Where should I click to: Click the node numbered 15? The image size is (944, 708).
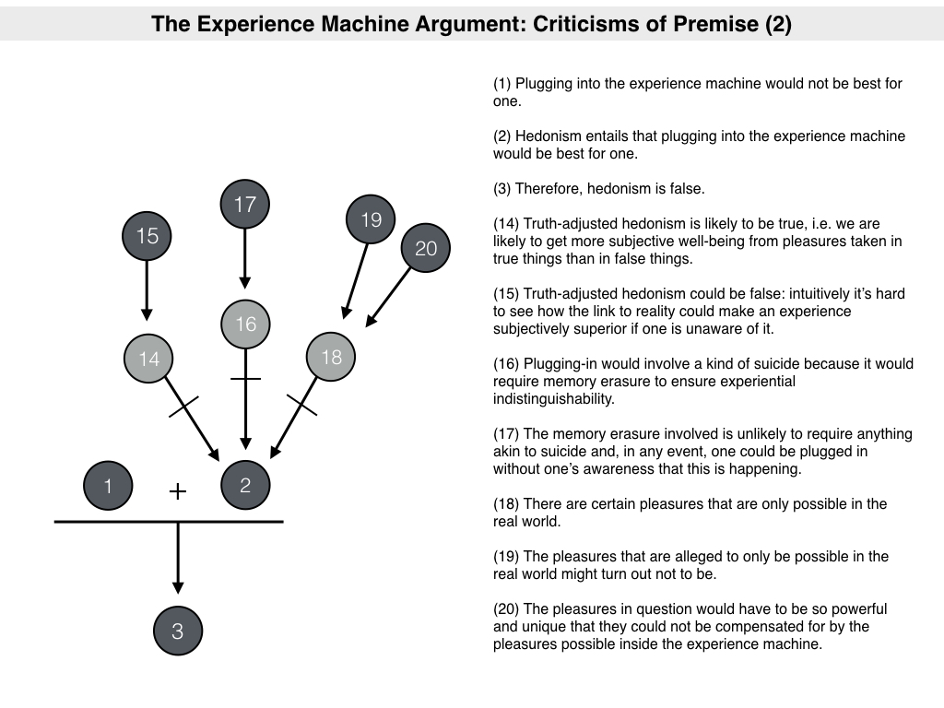tap(147, 236)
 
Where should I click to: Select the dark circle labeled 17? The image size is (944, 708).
tap(244, 204)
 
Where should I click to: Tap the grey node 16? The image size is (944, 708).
tap(245, 324)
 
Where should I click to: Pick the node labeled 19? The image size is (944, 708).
tap(371, 220)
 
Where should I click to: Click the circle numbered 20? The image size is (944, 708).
tap(425, 248)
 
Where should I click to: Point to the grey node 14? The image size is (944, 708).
tap(148, 359)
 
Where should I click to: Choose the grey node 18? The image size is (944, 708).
tap(330, 357)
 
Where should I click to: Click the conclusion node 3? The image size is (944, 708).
tap(178, 631)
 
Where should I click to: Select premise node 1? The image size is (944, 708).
tap(108, 486)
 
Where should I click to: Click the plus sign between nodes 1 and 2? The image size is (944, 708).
tap(178, 491)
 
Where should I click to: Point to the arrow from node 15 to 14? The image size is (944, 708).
tap(147, 291)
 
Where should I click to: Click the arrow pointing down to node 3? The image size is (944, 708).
tap(178, 558)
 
